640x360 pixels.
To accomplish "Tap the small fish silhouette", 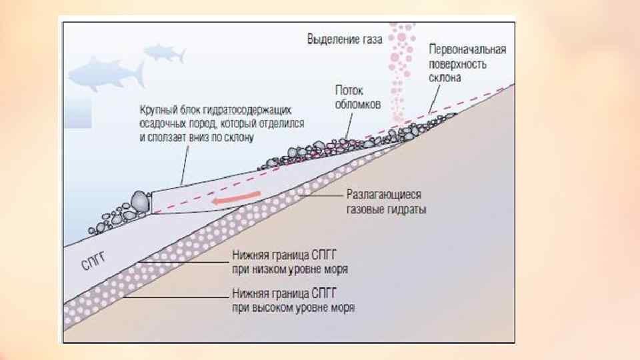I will coord(163,52).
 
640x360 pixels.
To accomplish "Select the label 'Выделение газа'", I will coord(344,39).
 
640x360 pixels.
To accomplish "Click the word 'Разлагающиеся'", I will coord(384,197).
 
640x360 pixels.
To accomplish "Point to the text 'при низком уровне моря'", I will coord(289,269).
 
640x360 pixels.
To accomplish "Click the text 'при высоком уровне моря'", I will coord(293,308).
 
